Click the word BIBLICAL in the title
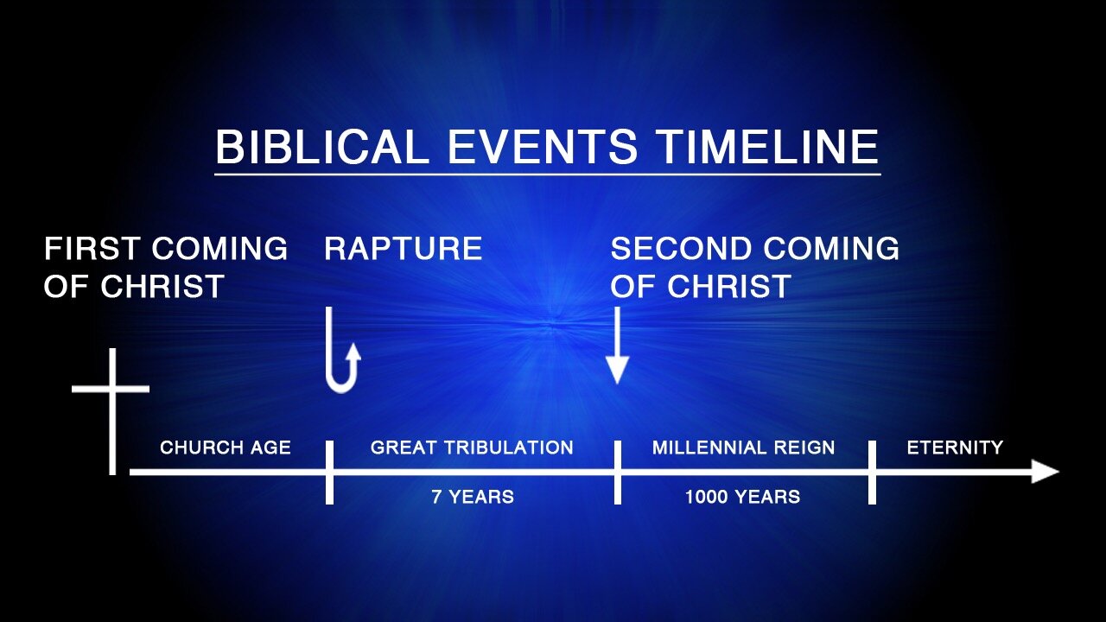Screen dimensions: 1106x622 322,147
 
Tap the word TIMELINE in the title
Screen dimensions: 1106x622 769,147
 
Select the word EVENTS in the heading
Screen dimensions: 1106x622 543,147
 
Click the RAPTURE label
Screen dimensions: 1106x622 403,248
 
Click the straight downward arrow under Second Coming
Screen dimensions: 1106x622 617,345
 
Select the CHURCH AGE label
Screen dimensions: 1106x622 226,447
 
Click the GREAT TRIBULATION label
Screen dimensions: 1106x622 472,447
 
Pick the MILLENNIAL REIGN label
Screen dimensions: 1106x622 743,447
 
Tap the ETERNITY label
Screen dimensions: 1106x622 955,447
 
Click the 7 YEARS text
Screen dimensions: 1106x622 473,497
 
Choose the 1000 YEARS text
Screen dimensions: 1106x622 742,497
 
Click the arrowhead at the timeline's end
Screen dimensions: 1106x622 1046,472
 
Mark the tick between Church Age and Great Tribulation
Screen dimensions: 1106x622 329,473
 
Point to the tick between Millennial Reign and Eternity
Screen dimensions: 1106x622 872,473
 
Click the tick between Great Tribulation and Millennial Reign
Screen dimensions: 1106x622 618,473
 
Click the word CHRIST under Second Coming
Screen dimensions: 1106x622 729,286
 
